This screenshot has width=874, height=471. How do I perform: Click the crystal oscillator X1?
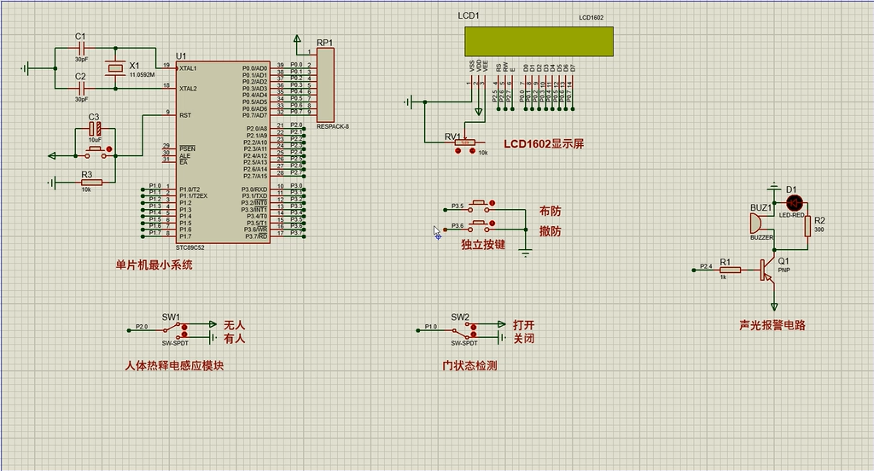[114, 68]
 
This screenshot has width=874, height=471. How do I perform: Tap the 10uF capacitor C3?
[96, 129]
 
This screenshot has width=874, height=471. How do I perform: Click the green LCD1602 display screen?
[539, 40]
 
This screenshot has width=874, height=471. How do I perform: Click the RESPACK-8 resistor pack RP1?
[325, 84]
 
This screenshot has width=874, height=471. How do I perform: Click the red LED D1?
[794, 203]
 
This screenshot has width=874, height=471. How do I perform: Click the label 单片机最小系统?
[154, 265]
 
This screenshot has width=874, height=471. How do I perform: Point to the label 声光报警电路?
[772, 325]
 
